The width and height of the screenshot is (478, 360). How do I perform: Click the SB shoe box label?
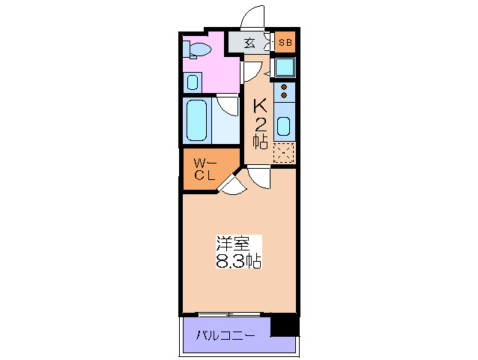tap(285, 42)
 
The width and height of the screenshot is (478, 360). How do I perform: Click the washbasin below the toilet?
tap(193, 82)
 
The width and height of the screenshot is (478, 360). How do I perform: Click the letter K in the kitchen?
tap(260, 105)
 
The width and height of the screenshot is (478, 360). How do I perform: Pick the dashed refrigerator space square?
tap(284, 152)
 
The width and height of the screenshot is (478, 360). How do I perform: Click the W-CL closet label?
tap(205, 169)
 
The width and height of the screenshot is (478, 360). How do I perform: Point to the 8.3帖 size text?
tap(238, 262)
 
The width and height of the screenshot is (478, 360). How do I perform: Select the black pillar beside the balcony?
tap(284, 325)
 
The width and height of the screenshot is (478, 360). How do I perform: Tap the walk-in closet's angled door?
tap(229, 184)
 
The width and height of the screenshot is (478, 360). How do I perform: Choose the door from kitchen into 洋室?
tap(258, 178)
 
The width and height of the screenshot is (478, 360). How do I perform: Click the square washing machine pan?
tap(284, 67)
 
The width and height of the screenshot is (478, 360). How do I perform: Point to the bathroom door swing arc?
tap(227, 104)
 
